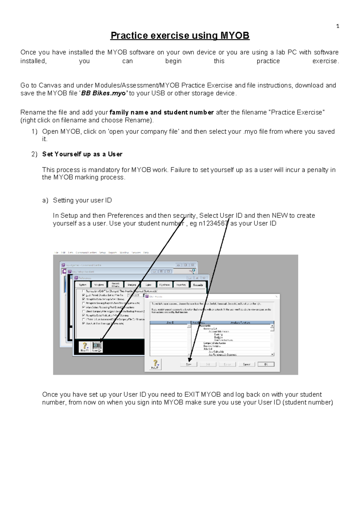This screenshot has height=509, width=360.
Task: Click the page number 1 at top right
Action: [338, 26]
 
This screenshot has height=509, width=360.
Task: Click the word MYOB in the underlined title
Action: [235, 35]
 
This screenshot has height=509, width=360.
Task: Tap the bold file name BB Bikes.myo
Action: [103, 93]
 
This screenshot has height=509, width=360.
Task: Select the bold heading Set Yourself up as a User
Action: [82, 154]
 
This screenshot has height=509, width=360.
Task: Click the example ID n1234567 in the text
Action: [214, 224]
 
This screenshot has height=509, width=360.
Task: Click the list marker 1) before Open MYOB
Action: [34, 132]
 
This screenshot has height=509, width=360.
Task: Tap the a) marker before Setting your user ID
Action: [45, 200]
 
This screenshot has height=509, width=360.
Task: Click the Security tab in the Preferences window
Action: [198, 285]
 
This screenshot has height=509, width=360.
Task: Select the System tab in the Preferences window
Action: [82, 285]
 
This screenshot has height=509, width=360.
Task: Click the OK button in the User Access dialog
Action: [266, 364]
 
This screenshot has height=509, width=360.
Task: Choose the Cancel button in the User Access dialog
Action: [247, 364]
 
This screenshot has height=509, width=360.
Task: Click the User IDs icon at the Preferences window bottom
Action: [97, 347]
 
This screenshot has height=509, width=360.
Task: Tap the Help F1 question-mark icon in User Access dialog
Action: [155, 364]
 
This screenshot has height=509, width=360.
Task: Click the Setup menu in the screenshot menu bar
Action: [103, 253]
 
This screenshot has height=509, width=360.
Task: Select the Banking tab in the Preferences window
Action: [132, 285]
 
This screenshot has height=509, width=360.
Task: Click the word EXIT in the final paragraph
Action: [192, 395]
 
